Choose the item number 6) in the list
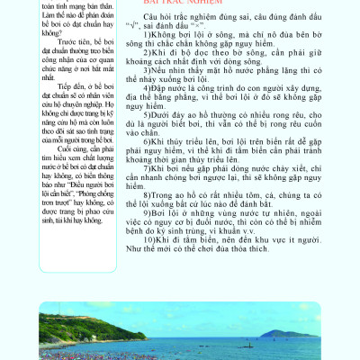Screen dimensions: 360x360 click(x=145, y=166)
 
